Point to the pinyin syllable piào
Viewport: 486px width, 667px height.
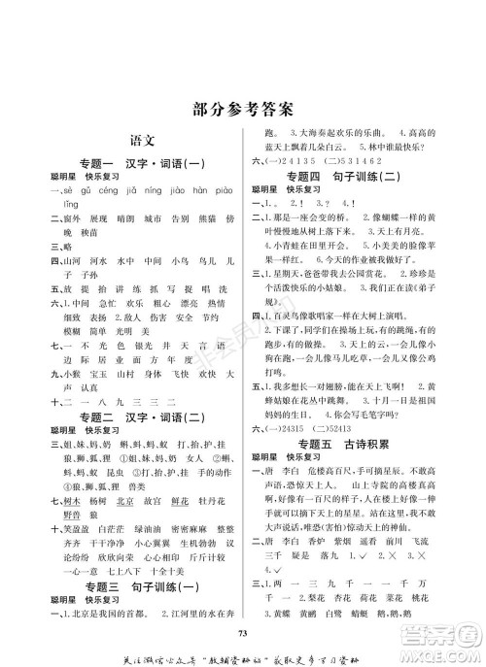222,191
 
